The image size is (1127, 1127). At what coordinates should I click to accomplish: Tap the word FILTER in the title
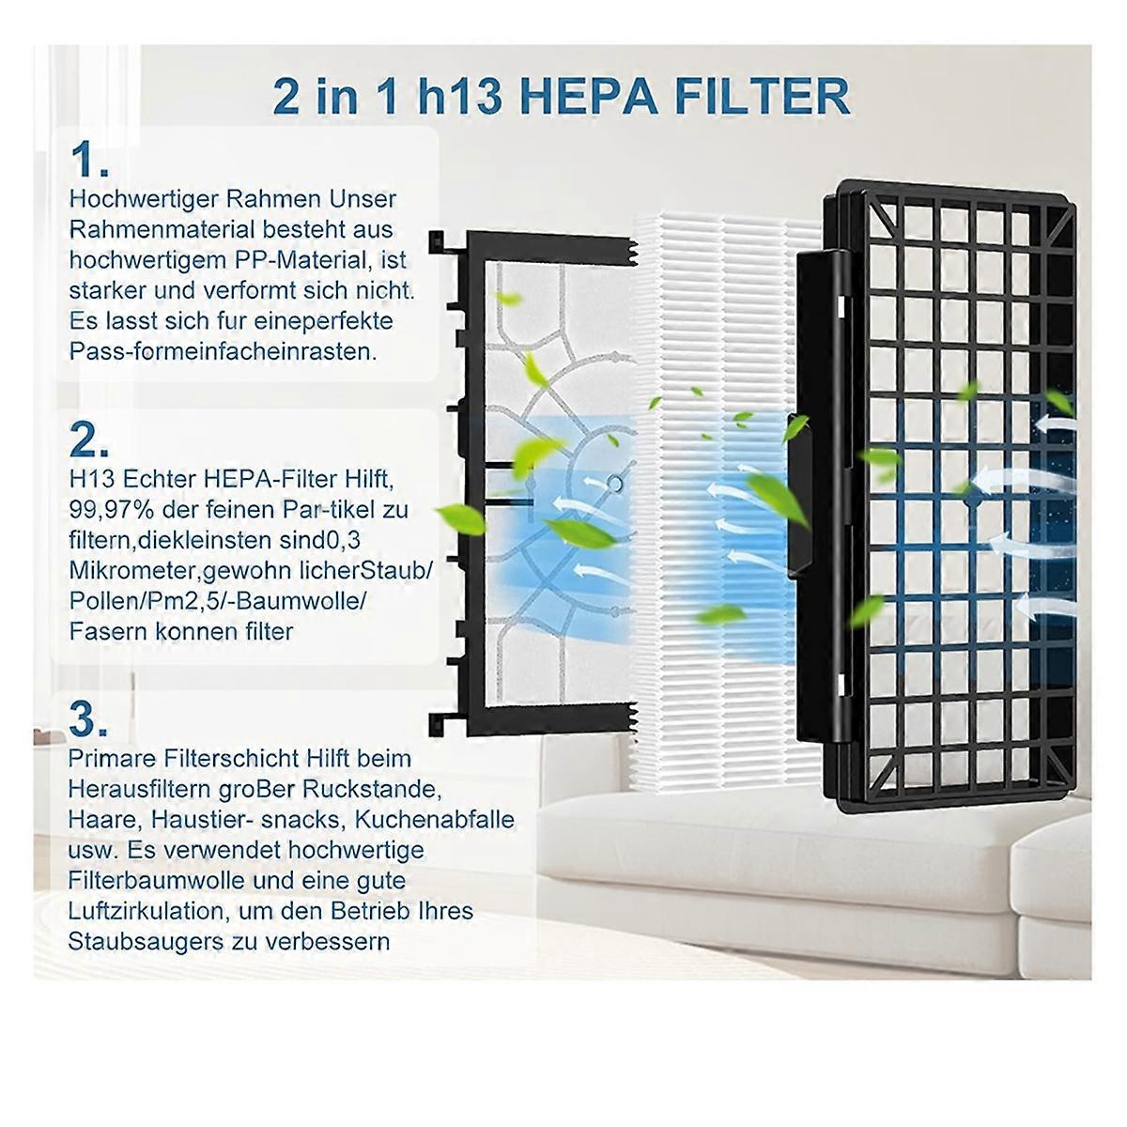point(763,96)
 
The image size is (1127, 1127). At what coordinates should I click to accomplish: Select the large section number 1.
point(89,160)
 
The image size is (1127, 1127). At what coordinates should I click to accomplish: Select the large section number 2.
point(89,440)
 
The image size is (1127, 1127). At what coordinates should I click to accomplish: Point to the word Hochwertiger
point(144,200)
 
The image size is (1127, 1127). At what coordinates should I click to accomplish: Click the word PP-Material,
point(303,260)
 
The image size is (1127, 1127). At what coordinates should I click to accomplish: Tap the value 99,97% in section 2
point(112,511)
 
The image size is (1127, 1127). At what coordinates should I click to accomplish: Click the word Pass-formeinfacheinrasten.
point(223,351)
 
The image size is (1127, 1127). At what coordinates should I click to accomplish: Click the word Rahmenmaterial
point(162,230)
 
